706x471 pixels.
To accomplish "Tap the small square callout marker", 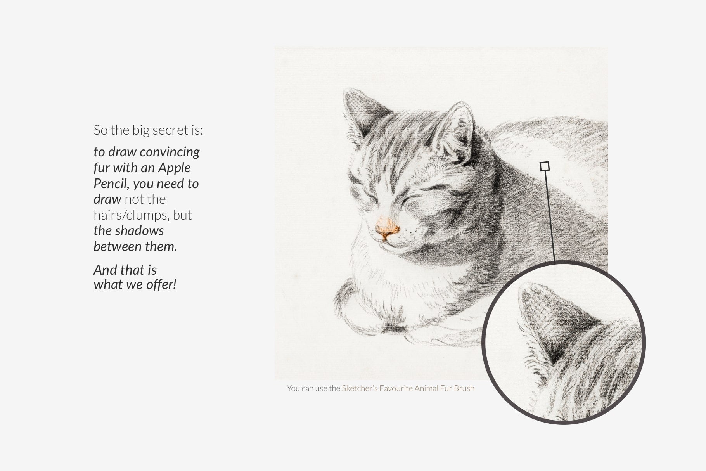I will tap(545, 166).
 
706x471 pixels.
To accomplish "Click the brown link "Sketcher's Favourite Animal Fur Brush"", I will tap(408, 388).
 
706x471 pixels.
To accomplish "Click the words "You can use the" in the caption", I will tap(313, 388).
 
